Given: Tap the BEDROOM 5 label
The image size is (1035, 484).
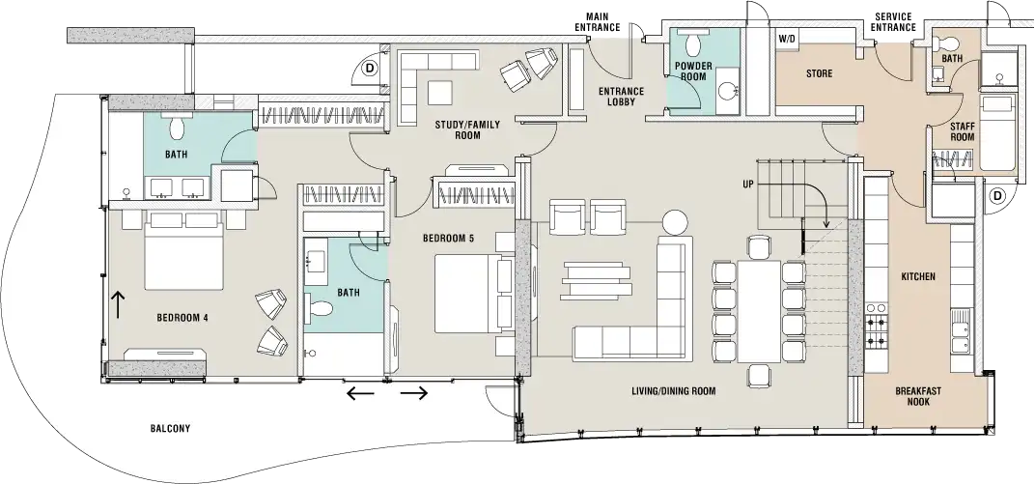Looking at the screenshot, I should (x=448, y=238).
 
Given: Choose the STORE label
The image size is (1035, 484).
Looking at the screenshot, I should (x=819, y=73).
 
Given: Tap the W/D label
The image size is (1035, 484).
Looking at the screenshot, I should (x=786, y=40).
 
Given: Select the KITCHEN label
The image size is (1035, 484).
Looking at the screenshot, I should (x=917, y=277).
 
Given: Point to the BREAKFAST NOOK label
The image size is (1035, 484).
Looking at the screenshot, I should (x=911, y=396).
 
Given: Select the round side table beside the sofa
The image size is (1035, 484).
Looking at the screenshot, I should (x=674, y=220).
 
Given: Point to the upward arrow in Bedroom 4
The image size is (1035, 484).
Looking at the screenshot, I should (x=120, y=304).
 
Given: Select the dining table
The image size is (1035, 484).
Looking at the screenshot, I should (x=759, y=308).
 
